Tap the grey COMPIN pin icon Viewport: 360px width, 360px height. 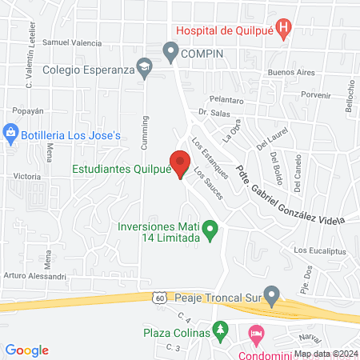[x=170, y=53]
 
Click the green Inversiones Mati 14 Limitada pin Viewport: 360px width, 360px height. [x=210, y=232]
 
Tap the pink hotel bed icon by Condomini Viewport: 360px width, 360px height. [x=255, y=331]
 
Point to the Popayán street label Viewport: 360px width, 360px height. [x=29, y=111]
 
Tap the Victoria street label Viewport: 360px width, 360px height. [x=27, y=175]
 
